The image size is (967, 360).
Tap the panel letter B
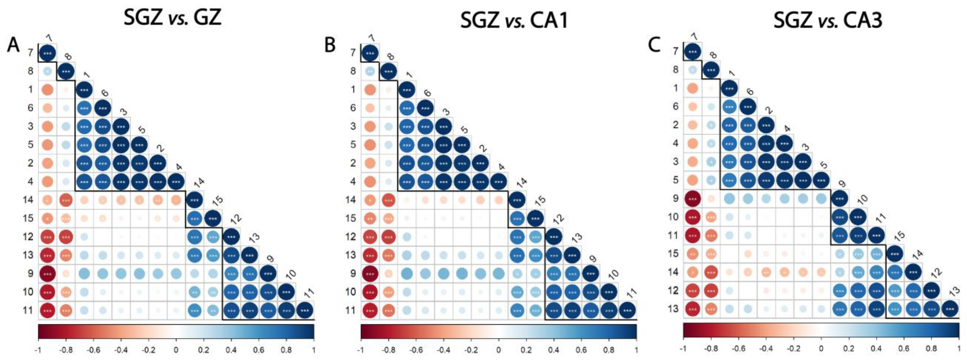coord(330,45)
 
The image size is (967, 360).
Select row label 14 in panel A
coord(28,200)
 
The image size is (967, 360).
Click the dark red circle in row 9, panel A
coord(47,274)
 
